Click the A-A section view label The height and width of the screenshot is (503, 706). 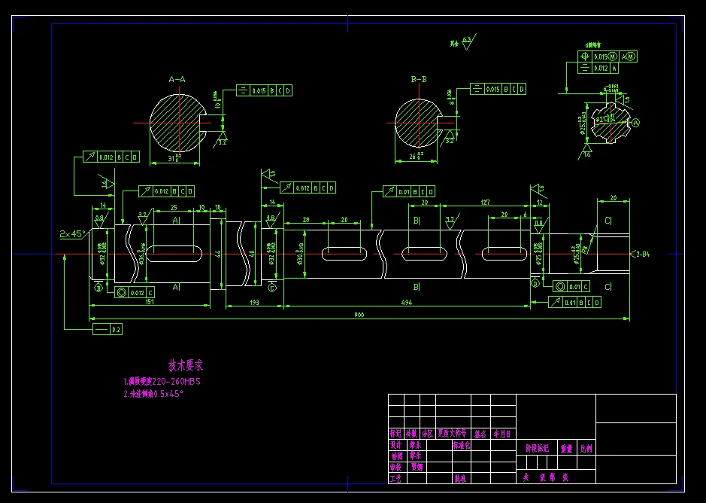tap(177, 79)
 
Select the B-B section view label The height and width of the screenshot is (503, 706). tap(419, 79)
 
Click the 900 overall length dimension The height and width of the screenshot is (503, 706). tap(359, 316)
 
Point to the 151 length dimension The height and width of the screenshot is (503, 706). tap(150, 302)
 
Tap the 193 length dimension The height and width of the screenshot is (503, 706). tap(254, 302)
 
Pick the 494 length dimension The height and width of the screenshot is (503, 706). tap(407, 302)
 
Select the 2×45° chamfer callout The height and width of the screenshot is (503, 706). tap(72, 234)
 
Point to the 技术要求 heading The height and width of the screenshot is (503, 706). tap(186, 366)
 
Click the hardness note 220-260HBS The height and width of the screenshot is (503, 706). tap(162, 382)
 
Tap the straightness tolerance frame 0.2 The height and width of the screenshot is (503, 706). tap(107, 329)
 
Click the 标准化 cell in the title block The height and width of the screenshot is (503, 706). tap(460, 445)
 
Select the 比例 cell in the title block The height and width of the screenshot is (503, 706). tap(585, 448)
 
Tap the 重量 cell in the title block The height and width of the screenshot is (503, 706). tap(565, 448)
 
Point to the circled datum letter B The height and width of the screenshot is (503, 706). tap(98, 286)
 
